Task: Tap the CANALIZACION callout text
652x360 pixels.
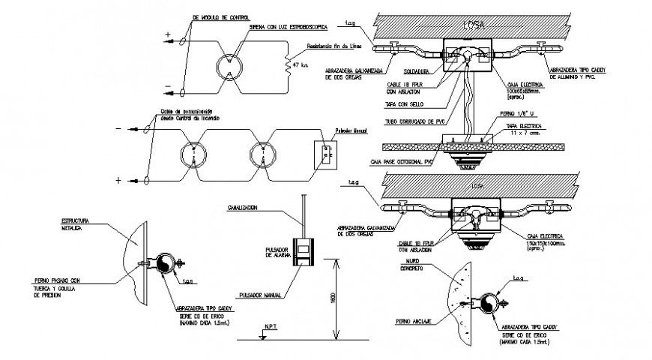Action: click(x=244, y=208)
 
